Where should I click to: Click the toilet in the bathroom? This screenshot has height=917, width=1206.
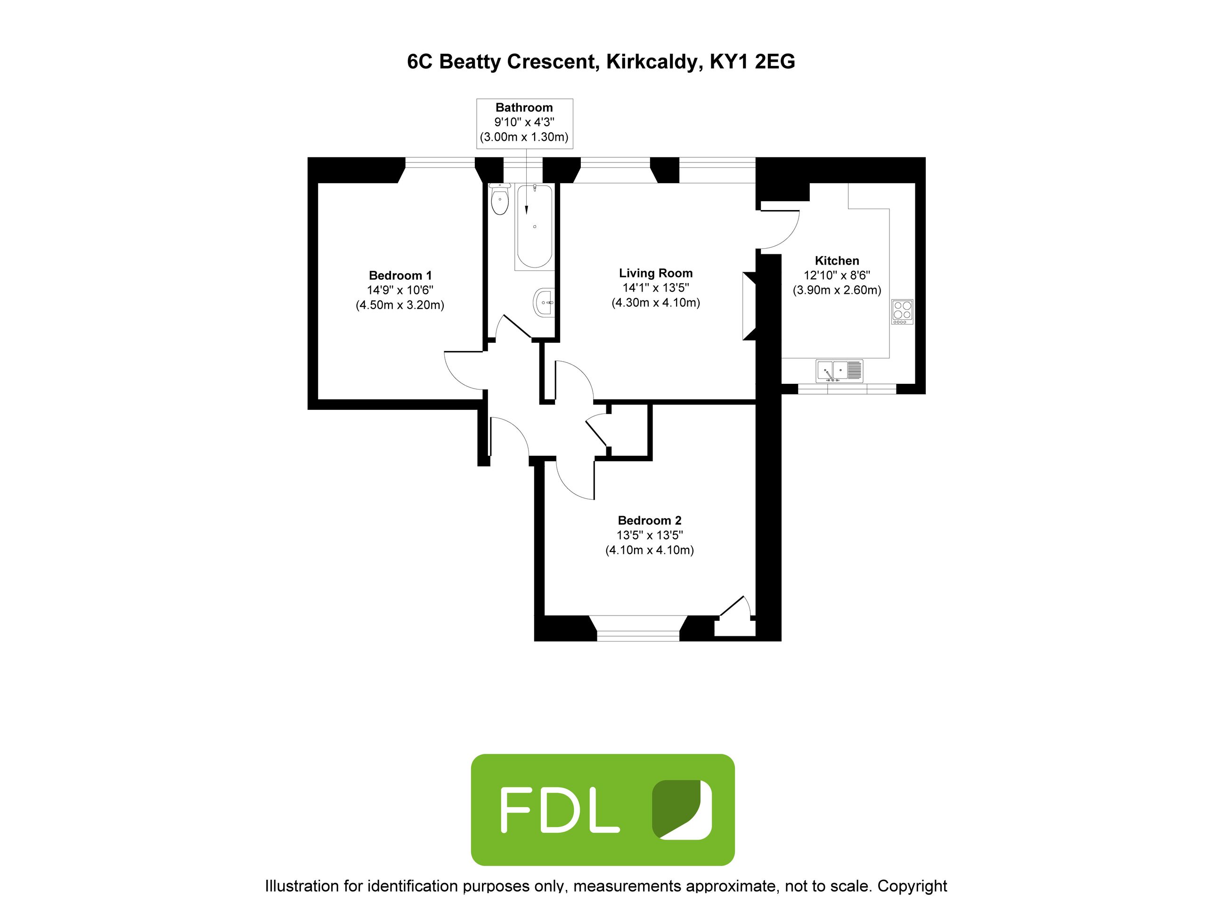click(x=499, y=199)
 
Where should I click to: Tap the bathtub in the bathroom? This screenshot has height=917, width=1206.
click(x=535, y=226)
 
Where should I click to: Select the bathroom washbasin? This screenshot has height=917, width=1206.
click(x=544, y=302)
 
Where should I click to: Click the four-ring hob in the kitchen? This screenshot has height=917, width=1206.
click(x=902, y=312)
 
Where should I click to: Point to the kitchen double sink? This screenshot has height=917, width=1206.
click(x=839, y=371)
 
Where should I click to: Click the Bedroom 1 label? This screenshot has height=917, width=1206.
click(x=400, y=276)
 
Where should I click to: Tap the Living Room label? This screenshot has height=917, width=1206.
click(x=656, y=273)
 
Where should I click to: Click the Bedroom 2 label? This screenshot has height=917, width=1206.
click(x=650, y=521)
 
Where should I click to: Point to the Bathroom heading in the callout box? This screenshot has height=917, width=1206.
click(x=524, y=107)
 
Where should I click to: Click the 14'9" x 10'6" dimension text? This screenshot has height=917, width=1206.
click(x=400, y=291)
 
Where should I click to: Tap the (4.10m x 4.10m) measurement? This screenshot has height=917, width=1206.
click(x=650, y=550)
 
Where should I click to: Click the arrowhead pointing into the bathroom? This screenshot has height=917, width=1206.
click(x=526, y=210)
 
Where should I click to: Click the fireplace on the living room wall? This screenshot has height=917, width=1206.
click(x=749, y=306)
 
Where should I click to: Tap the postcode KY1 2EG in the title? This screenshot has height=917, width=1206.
click(x=752, y=62)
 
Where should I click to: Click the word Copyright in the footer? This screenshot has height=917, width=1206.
click(x=913, y=886)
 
